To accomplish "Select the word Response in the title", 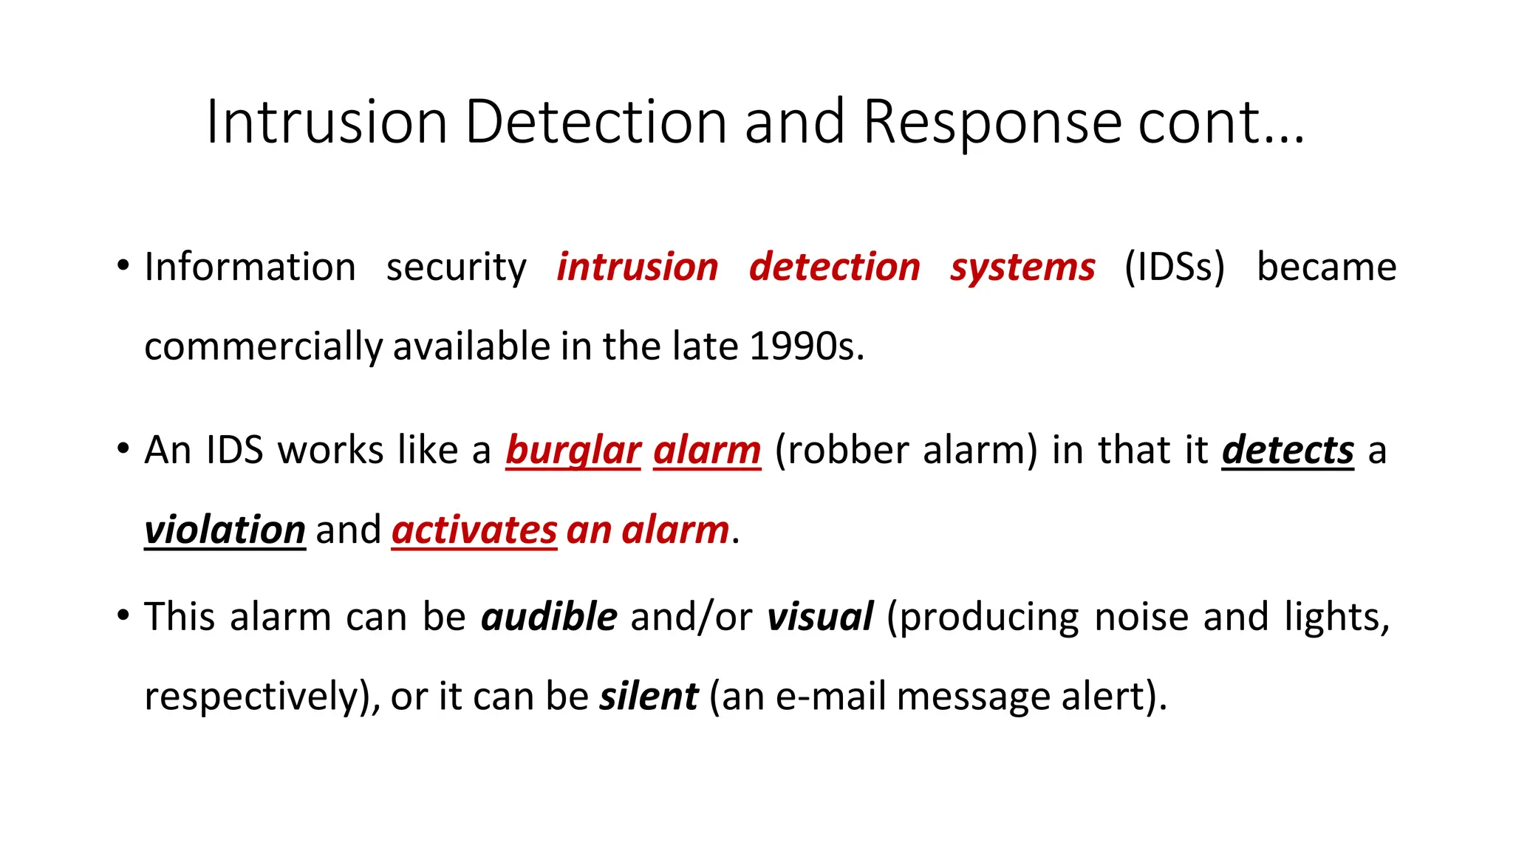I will pos(991,122).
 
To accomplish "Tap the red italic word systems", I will pos(1022,267).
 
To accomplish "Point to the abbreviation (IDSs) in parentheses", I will pos(1175,267).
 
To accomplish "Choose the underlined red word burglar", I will pos(573,451).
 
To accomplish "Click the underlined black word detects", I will pos(1288,451).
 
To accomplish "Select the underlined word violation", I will pos(225,530).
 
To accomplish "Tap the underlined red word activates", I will pos(474,530).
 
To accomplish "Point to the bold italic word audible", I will pos(549,617).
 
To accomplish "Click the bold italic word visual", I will pos(820,617).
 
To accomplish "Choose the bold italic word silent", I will pos(649,697).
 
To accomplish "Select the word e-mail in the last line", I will pos(830,697).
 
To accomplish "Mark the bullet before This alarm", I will pos(123,615).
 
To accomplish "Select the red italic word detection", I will pos(834,267).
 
